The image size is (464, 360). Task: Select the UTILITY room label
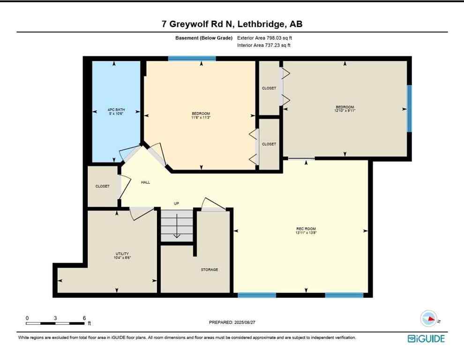(122, 254)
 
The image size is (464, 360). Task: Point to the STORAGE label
(210, 270)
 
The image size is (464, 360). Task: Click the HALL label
(145, 182)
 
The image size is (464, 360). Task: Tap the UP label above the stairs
(177, 203)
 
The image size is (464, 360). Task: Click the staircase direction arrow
(177, 230)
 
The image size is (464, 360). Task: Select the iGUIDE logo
(426, 338)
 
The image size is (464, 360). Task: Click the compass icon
(429, 319)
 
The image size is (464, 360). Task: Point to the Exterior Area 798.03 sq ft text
(267, 38)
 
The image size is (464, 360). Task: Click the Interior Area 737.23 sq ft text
(266, 45)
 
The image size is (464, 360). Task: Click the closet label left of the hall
(102, 186)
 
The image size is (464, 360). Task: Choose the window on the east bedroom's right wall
(409, 108)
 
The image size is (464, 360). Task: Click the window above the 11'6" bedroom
(192, 59)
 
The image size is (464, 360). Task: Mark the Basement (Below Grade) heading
(201, 38)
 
